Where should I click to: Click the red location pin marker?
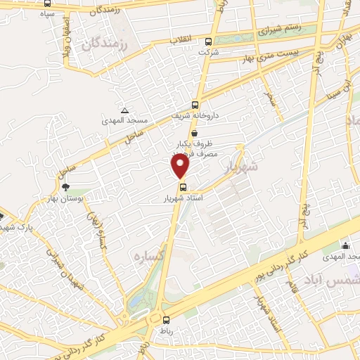181,166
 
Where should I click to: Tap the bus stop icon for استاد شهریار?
183,187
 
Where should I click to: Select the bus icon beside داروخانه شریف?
195,103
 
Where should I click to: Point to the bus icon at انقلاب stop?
208,41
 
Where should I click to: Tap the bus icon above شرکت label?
208,41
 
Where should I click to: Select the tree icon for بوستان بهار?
65,187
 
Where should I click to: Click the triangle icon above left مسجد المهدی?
124,111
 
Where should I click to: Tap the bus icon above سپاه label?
47,3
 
